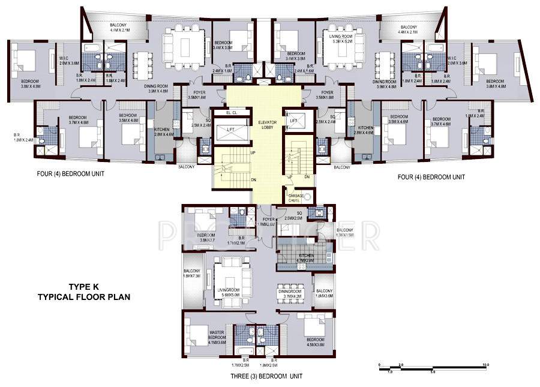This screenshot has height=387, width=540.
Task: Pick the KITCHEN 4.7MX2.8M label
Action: (x=297, y=259)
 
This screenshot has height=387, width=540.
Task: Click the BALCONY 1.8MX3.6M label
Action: (x=323, y=294)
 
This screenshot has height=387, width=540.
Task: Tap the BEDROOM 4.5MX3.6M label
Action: (x=315, y=342)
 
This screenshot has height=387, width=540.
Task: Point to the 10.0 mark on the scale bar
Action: (x=486, y=364)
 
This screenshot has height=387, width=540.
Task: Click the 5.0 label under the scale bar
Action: (x=431, y=372)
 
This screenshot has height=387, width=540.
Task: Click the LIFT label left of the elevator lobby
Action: (x=230, y=130)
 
